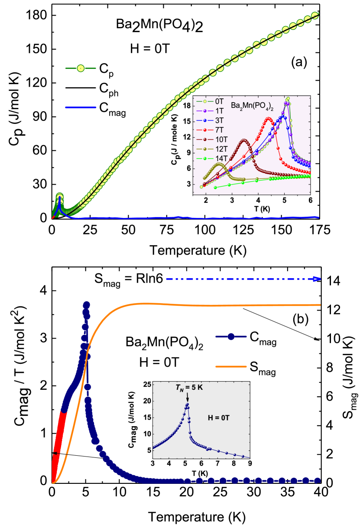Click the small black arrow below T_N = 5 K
click(x=187, y=398)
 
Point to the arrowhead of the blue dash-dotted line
click(x=318, y=279)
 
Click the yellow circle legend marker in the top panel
click(x=80, y=68)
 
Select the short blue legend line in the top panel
click(x=81, y=107)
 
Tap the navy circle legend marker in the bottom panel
click(x=231, y=336)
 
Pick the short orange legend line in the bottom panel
click(x=231, y=366)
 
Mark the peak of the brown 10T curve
click(x=244, y=140)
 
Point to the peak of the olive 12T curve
click(x=219, y=165)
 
